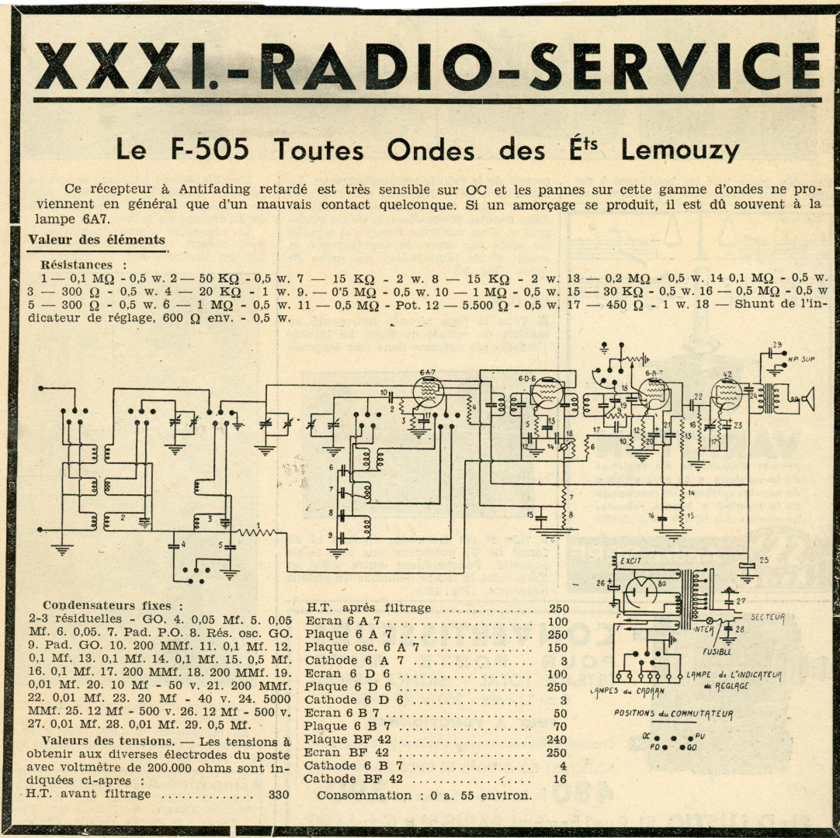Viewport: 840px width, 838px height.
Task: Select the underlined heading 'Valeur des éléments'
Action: click(x=96, y=239)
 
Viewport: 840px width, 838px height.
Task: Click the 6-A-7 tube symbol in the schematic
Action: click(x=428, y=392)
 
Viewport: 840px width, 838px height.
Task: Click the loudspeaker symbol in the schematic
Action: click(x=806, y=400)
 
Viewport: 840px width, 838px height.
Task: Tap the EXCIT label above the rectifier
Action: click(x=630, y=559)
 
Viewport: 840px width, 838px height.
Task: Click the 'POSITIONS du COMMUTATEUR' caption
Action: click(x=672, y=714)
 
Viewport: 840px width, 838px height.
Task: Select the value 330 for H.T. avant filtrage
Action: click(x=277, y=794)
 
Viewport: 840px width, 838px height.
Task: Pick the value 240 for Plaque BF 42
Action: click(x=557, y=739)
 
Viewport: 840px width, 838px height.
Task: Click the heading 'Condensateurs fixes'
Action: click(x=113, y=605)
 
